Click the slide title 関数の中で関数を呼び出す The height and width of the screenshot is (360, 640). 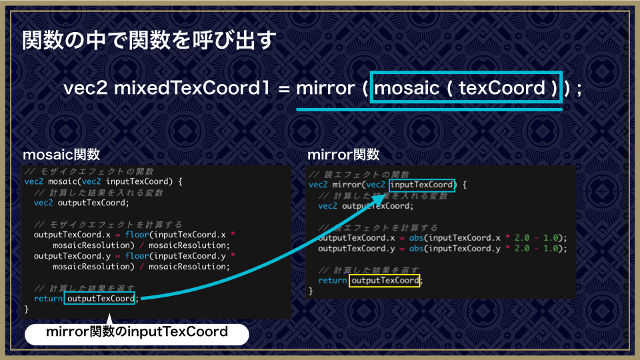(x=149, y=41)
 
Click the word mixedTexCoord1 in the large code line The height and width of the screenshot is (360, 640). (x=192, y=88)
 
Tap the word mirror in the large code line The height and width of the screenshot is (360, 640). (x=325, y=88)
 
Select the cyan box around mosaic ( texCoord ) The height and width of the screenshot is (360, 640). (x=466, y=72)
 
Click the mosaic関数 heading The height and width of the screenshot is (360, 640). (x=61, y=154)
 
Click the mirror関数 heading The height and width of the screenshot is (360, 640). (x=343, y=154)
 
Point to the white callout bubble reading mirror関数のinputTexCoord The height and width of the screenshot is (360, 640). (x=137, y=334)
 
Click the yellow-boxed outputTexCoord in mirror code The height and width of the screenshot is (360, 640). (x=385, y=281)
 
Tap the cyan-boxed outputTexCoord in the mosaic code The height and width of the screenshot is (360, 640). (x=99, y=299)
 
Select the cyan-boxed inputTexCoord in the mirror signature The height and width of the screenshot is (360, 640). (x=421, y=185)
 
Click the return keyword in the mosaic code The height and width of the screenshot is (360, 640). (x=48, y=299)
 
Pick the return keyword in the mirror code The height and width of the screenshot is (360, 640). (x=333, y=281)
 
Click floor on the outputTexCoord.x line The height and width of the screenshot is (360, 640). (x=137, y=234)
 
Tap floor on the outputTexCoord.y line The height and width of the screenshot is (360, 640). (x=137, y=255)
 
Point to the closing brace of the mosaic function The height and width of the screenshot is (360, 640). (x=27, y=309)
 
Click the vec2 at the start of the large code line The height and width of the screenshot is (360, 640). (x=86, y=88)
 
